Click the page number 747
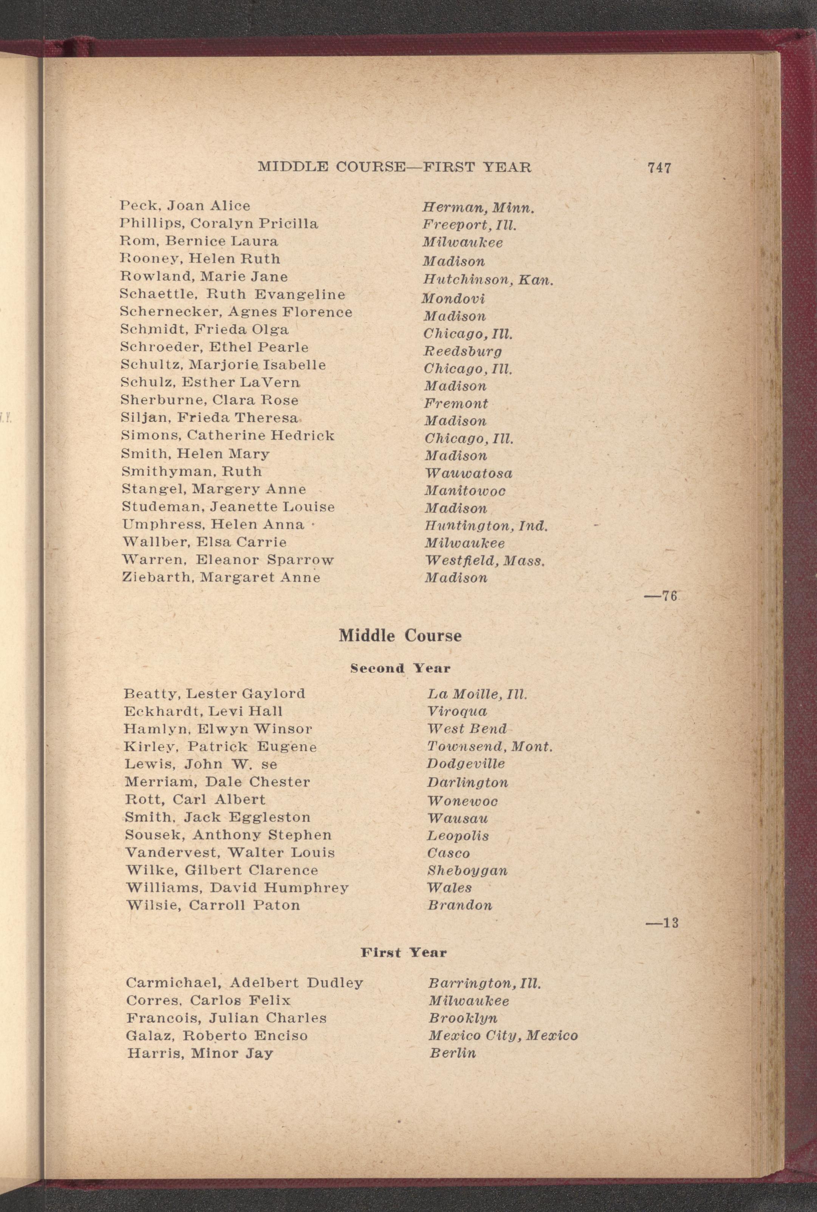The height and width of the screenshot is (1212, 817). [659, 168]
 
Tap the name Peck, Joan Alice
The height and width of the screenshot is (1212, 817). [185, 206]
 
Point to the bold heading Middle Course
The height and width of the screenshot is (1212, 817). [400, 636]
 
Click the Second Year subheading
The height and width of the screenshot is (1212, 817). [400, 668]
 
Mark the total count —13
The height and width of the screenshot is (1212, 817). [662, 923]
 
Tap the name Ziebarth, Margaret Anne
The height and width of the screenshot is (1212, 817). [221, 577]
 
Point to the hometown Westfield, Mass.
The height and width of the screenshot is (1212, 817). [484, 561]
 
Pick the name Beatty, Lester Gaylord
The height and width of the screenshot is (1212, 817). [214, 693]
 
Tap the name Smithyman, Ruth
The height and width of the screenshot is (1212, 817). [191, 472]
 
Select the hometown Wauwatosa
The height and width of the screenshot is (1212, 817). [469, 473]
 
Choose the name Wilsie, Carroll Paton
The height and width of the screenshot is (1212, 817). [213, 905]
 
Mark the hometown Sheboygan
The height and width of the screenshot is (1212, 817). [467, 870]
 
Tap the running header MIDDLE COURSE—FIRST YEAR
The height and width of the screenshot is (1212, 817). [395, 167]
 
